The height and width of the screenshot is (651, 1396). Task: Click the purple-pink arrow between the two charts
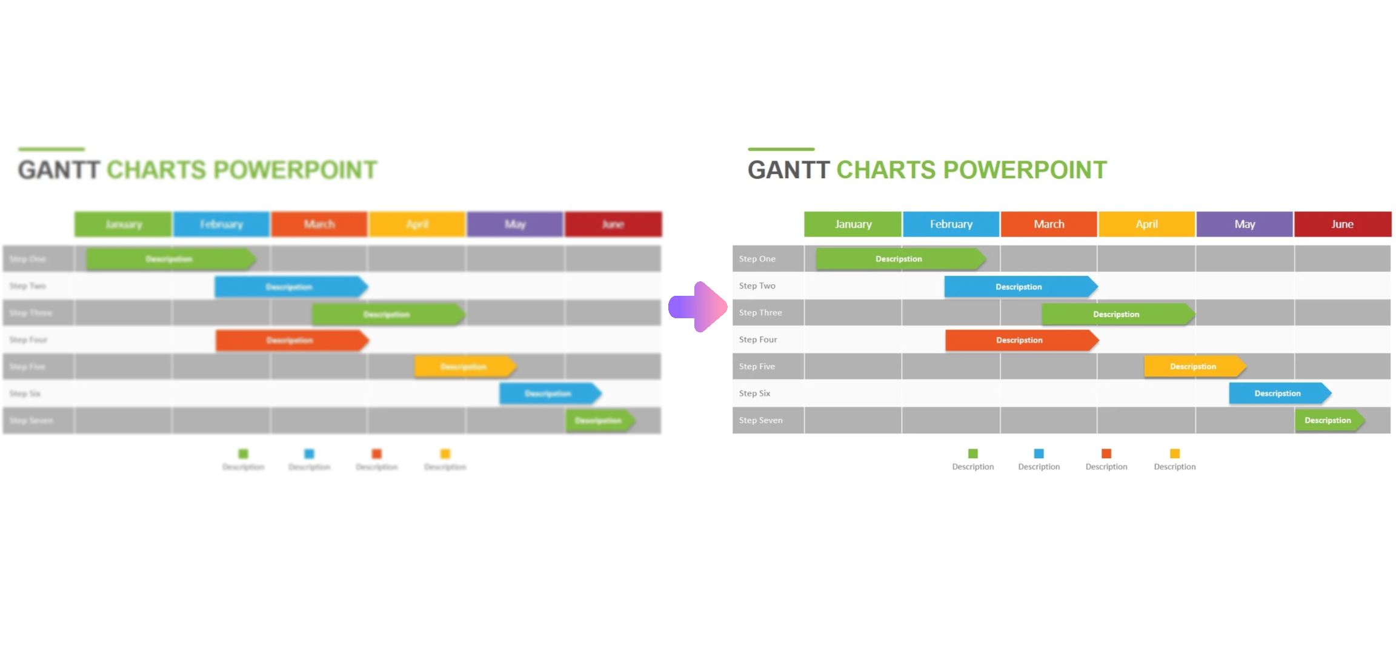point(698,307)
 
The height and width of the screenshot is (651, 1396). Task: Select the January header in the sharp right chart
point(853,224)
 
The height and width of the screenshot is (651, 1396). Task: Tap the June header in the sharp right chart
point(1342,224)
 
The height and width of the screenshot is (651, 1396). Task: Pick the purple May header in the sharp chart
point(1245,224)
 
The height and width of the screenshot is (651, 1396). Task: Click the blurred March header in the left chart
point(319,224)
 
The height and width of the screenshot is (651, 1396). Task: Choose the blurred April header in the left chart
point(417,224)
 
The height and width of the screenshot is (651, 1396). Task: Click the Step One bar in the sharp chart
point(899,259)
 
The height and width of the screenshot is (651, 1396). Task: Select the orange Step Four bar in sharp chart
point(1020,340)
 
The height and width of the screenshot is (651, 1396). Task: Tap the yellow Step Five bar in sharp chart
point(1193,367)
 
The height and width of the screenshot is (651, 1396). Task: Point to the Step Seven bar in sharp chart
point(1328,421)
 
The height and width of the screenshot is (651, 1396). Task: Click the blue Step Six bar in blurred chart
point(548,394)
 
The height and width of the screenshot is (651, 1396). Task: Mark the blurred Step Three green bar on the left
point(387,315)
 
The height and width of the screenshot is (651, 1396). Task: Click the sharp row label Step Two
point(757,286)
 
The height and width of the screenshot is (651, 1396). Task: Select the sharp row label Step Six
point(754,393)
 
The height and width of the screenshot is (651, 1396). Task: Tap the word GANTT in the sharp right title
point(788,170)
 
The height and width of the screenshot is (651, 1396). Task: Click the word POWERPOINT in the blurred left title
point(296,170)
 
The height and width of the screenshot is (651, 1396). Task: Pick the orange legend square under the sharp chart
point(1106,453)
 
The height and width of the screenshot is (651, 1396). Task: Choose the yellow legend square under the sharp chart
point(1175,453)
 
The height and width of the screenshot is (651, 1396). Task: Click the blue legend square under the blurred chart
point(309,453)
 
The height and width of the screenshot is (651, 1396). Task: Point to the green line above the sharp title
point(781,149)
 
